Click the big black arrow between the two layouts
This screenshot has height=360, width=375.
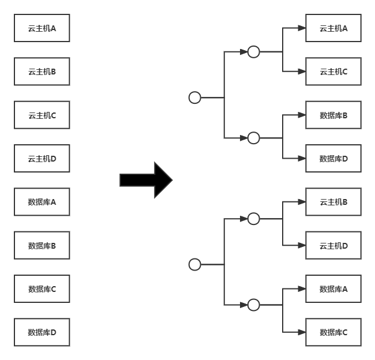pyautogui.click(x=146, y=180)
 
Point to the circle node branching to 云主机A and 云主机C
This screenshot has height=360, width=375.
pyautogui.click(x=254, y=46)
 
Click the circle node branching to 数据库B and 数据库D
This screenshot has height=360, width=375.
pyautogui.click(x=254, y=133)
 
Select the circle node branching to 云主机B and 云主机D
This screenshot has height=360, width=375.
pyautogui.click(x=254, y=213)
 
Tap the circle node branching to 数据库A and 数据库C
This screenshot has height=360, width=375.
pyautogui.click(x=254, y=299)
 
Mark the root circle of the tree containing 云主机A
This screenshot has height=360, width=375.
pyautogui.click(x=194, y=92)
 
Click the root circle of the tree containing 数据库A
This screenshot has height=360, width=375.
pyautogui.click(x=194, y=259)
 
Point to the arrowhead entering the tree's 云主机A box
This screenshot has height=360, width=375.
pyautogui.click(x=302, y=28)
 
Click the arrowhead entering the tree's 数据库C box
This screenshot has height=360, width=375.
pyautogui.click(x=302, y=332)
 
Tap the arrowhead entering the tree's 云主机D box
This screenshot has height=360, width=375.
pyautogui.click(x=302, y=245)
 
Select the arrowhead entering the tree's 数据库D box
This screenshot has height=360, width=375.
pyautogui.click(x=302, y=158)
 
